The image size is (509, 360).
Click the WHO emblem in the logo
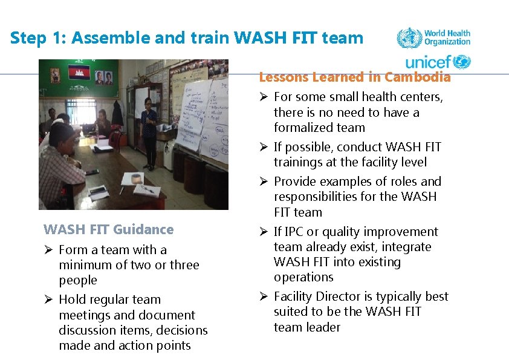[409, 38]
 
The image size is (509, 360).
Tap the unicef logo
[438, 62]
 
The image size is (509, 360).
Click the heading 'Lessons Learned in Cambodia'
[354, 77]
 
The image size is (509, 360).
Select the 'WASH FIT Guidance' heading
[108, 229]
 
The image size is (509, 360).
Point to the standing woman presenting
[149, 130]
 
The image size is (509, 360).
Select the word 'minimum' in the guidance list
[83, 265]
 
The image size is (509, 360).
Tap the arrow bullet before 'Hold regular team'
[50, 299]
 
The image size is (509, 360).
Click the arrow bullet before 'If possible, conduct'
[264, 147]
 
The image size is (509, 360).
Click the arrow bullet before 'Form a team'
[50, 250]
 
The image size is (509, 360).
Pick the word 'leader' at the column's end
[325, 327]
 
